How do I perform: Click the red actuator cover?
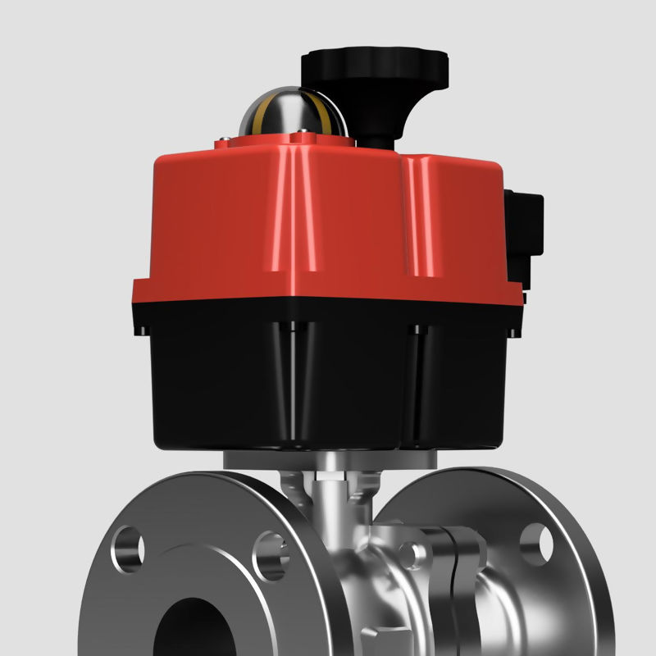point(344,221)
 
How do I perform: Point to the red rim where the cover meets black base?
point(328,291)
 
